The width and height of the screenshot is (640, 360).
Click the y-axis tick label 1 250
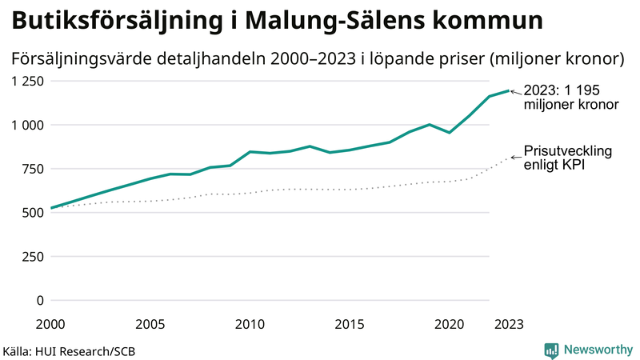click(x=26, y=81)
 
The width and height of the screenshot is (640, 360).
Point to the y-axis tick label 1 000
click(x=26, y=125)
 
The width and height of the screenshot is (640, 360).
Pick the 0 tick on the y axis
click(x=39, y=301)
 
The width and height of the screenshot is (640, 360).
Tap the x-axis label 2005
click(x=150, y=324)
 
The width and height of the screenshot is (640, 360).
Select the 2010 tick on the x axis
click(x=250, y=324)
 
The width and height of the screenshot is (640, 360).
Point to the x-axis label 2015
click(x=350, y=324)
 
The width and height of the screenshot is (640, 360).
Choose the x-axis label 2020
click(x=449, y=324)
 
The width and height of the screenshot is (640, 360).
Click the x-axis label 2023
click(x=509, y=324)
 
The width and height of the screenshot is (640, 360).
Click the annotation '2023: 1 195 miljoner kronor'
click(x=571, y=98)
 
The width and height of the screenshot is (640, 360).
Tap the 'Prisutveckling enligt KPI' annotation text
click(x=567, y=158)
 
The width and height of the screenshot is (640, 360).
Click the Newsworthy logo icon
click(x=551, y=350)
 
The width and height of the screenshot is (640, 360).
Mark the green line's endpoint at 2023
click(x=509, y=90)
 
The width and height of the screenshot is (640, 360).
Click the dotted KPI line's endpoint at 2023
click(x=509, y=158)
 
